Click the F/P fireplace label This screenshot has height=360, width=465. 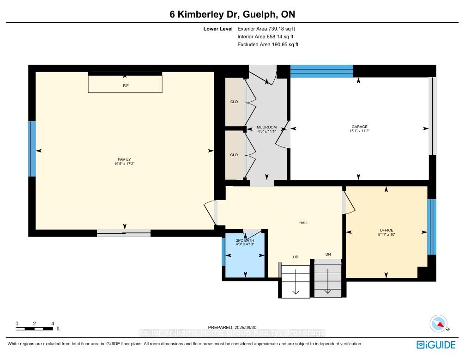point(126,86)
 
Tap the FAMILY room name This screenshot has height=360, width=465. point(124,160)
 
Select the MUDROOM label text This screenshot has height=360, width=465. point(266,128)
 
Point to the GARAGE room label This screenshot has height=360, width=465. point(359,127)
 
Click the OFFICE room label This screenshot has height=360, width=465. point(386,230)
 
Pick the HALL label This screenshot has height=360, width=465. point(304,223)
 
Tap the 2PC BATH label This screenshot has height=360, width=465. point(245,240)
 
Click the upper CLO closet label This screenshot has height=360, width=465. point(234,102)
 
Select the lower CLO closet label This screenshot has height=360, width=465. point(234,155)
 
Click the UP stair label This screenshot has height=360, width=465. point(296,257)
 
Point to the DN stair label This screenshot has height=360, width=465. point(328,254)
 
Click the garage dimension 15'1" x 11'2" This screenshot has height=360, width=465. point(359,131)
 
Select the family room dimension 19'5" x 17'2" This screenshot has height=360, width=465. point(124,164)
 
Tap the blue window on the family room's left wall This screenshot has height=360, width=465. point(32,149)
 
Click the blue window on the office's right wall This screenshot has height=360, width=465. point(432,227)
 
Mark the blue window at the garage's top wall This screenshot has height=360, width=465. point(322,71)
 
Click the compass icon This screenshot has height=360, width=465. point(439,323)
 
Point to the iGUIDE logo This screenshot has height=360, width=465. point(436,345)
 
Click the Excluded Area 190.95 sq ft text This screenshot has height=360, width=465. point(268,44)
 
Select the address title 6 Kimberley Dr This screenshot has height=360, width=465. point(204,14)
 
